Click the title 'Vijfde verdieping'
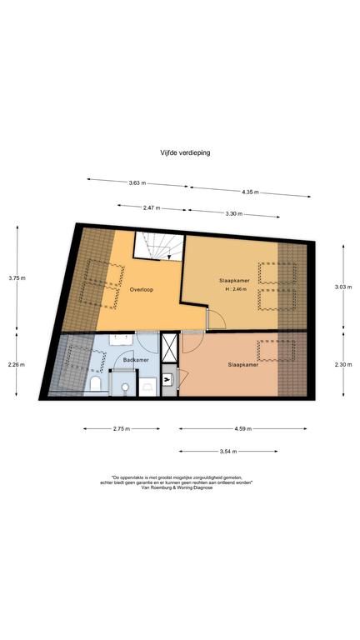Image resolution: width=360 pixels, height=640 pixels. click(x=185, y=152)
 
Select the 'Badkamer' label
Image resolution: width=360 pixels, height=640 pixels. click(x=137, y=360)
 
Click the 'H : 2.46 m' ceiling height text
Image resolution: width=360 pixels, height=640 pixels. click(x=237, y=289)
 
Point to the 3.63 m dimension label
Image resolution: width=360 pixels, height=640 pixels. click(x=137, y=182)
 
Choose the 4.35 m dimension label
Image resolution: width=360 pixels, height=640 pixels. click(x=250, y=192)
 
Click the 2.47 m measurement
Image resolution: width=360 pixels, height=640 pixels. click(x=152, y=208)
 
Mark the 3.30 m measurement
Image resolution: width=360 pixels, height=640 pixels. click(x=234, y=214)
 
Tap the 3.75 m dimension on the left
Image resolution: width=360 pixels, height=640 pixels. click(x=17, y=278)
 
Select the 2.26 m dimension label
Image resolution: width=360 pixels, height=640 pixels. click(x=17, y=365)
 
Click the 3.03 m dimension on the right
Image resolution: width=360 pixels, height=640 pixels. click(x=342, y=287)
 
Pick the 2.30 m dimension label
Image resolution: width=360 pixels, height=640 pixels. click(x=342, y=365)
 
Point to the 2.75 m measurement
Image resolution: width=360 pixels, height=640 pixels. click(x=121, y=428)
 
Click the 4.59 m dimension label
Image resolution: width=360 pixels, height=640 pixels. click(x=243, y=428)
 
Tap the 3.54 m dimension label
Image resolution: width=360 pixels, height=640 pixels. click(x=228, y=452)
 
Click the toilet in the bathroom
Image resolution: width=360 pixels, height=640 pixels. click(x=96, y=383)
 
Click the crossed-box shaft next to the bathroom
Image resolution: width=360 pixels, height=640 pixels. click(x=169, y=347)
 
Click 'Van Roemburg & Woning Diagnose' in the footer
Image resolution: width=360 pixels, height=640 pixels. click(x=177, y=487)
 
